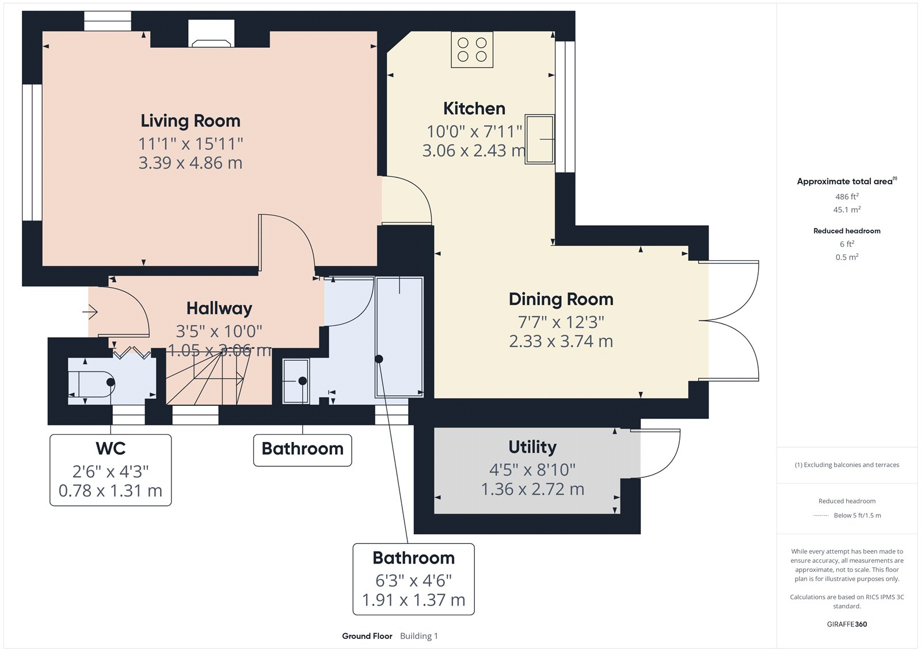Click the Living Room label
coord(191,121)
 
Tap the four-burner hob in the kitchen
coord(472,50)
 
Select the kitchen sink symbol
coord(539,139)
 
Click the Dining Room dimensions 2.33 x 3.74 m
coord(561,341)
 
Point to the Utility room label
coord(532,447)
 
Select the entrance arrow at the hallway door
coord(90,312)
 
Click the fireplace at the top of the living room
coord(212,35)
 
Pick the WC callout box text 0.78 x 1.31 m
coord(111,491)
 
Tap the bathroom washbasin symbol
coord(296,381)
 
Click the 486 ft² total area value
coord(847,197)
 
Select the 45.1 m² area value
coord(847,210)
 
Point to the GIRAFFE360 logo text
coord(847,624)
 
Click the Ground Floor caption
coord(367,636)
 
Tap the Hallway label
coord(219,309)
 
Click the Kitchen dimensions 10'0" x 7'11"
coord(474,132)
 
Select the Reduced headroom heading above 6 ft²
coord(847,231)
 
